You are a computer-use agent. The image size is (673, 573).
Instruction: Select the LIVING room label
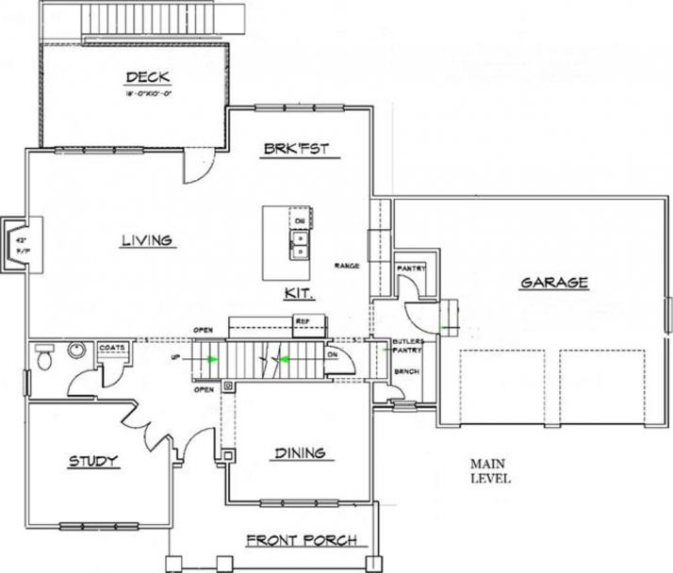click(x=146, y=240)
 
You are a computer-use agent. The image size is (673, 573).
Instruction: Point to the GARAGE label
click(x=553, y=282)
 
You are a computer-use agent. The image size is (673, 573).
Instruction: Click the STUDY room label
click(x=93, y=461)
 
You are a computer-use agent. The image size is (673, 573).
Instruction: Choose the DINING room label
click(x=300, y=453)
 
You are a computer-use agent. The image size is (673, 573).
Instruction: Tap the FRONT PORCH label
click(x=301, y=540)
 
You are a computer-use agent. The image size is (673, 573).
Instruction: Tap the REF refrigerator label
click(x=303, y=321)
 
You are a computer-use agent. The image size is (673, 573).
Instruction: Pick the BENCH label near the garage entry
click(x=406, y=372)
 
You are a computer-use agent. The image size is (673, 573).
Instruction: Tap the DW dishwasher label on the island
click(x=300, y=221)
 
